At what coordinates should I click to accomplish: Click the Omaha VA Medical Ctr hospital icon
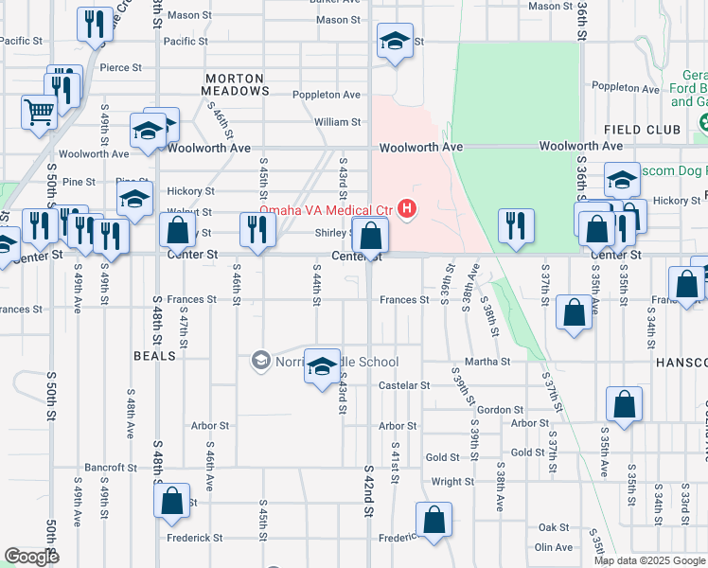tap(408, 208)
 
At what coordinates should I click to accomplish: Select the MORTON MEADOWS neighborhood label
tap(236, 83)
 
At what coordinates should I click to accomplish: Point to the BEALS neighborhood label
tap(156, 355)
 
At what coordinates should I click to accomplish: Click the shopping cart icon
tap(39, 112)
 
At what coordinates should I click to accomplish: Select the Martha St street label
tap(487, 362)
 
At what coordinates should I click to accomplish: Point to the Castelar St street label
tap(404, 385)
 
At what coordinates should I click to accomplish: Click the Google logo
tap(32, 557)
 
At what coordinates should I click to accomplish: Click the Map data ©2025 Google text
tap(649, 560)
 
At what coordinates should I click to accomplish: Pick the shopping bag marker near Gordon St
tap(625, 404)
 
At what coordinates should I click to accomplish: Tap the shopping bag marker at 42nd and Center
tap(372, 234)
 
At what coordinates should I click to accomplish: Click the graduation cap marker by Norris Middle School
tap(322, 365)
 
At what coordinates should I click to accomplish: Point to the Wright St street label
tap(452, 481)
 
